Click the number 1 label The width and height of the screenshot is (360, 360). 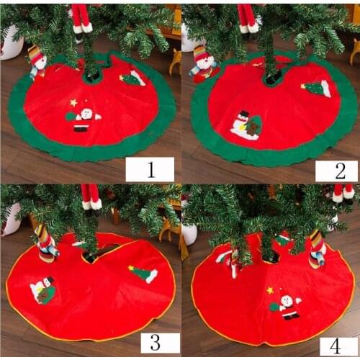150,169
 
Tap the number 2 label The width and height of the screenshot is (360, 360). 336,171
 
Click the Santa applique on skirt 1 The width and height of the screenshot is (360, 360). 84,118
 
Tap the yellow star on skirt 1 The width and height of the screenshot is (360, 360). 73,102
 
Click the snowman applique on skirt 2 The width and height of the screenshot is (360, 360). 246,125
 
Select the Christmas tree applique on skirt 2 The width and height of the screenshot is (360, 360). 317,89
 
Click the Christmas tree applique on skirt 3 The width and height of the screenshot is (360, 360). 143,274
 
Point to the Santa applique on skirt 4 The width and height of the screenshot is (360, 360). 287,305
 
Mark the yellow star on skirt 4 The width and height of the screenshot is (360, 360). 270,290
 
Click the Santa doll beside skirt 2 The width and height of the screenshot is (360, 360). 204,62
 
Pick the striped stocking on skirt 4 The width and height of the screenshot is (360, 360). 317,249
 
